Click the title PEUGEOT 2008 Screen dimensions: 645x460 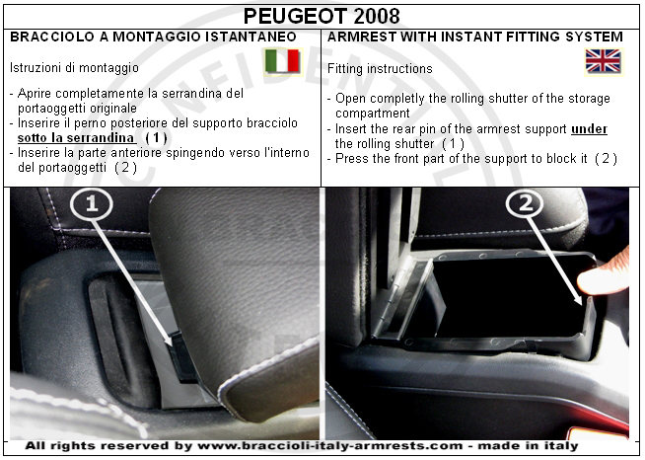point(322,17)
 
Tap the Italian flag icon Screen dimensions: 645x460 point(282,61)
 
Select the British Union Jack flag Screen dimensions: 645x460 point(603,61)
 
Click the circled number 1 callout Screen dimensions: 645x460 point(92,204)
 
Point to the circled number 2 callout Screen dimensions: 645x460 point(526,203)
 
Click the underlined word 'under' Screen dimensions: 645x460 point(589,129)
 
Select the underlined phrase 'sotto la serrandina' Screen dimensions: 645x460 point(76,138)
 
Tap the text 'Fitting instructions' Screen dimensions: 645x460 point(380,68)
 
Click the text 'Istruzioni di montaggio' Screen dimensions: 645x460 point(74,67)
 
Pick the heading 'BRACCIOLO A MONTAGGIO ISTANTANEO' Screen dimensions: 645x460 point(153,37)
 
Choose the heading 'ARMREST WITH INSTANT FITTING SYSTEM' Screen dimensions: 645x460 point(475,37)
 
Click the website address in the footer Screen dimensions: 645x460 point(330,446)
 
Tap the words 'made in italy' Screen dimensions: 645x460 point(528,446)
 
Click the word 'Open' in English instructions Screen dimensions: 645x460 point(350,99)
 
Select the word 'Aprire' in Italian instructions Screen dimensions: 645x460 point(35,94)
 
